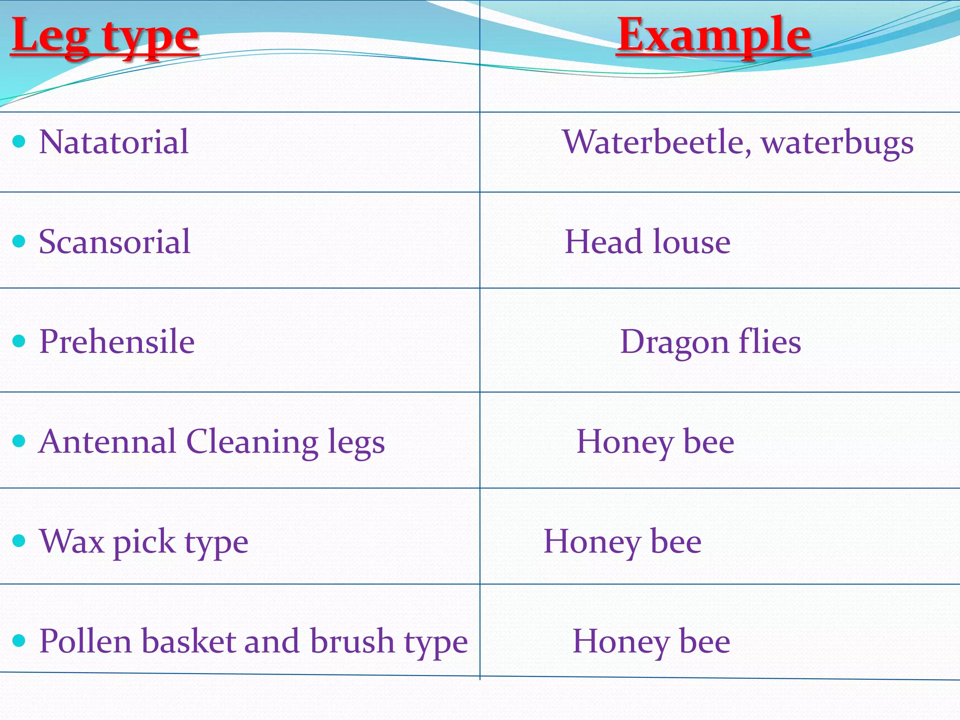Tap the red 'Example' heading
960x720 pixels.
(713, 36)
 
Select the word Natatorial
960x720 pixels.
(114, 142)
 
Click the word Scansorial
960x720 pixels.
(115, 242)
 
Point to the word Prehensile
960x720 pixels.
(117, 342)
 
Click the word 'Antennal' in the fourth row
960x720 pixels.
(107, 442)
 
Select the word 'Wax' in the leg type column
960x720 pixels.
(72, 542)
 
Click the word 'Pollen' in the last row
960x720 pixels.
(85, 641)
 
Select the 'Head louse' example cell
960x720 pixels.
(647, 242)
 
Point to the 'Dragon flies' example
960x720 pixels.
(711, 342)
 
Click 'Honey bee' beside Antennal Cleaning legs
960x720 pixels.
(655, 442)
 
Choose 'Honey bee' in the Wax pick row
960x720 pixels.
(622, 542)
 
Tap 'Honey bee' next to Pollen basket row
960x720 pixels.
(652, 641)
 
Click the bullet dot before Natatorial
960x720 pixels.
(19, 141)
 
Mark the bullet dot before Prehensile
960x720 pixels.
(19, 341)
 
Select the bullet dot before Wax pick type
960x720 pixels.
(19, 540)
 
